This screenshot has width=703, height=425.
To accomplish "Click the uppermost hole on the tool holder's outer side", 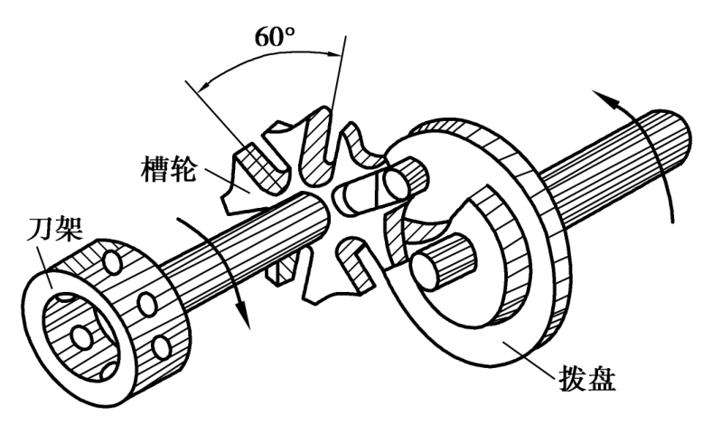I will [x=113, y=263].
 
